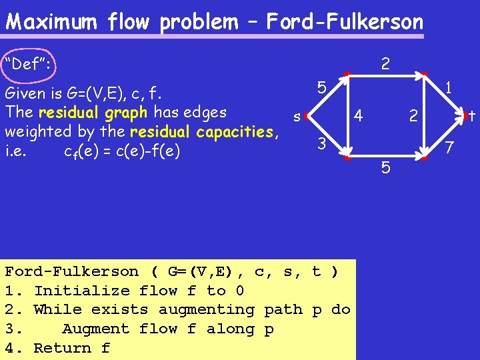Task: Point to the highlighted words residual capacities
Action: (x=201, y=131)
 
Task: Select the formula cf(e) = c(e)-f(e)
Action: (x=123, y=151)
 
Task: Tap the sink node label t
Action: (x=471, y=117)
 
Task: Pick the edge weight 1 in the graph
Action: (x=450, y=87)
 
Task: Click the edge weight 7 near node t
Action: (x=450, y=146)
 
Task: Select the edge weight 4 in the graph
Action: (x=358, y=116)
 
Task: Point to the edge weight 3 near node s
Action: (x=321, y=143)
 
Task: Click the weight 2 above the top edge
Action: (x=385, y=64)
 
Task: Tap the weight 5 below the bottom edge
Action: (x=385, y=167)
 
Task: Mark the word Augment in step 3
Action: (x=95, y=329)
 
